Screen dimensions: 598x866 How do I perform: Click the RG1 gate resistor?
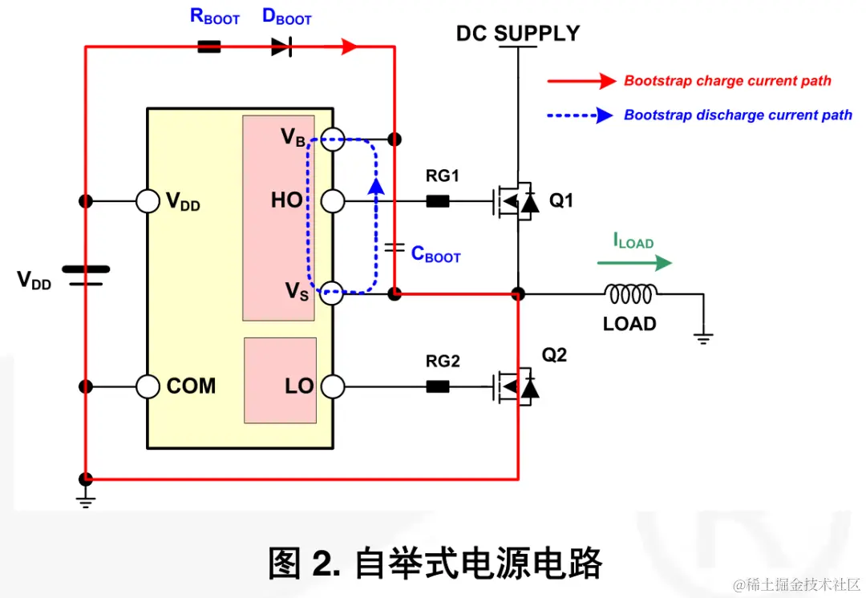pos(437,201)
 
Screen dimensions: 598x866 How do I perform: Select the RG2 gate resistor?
pos(437,387)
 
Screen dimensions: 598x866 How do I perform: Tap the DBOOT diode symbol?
pos(280,47)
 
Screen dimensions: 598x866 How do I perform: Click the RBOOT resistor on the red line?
pos(208,47)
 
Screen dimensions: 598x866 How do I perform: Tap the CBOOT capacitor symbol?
pos(394,248)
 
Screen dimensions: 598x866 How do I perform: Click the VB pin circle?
pos(332,139)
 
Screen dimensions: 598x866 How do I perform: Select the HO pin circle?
pos(332,200)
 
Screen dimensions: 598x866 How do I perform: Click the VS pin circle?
pos(332,293)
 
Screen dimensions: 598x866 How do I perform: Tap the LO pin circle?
pos(332,387)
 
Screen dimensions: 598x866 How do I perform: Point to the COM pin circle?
pos(148,387)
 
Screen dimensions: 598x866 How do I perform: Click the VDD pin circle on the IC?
pos(148,200)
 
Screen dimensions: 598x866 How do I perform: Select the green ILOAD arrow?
pos(633,263)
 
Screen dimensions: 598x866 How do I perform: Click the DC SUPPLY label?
pos(517,34)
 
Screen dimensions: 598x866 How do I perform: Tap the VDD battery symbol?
pos(85,276)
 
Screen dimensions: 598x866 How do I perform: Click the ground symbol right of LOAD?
pos(703,337)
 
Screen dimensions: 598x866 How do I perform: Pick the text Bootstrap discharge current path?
pos(738,115)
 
